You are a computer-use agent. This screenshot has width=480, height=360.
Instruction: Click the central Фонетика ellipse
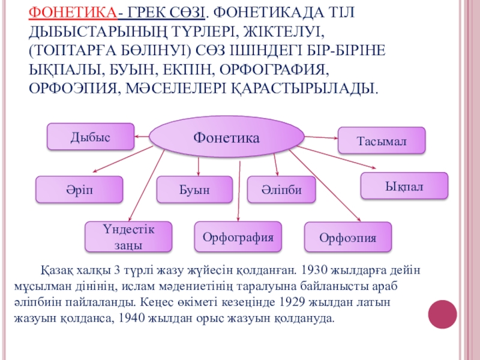(226, 137)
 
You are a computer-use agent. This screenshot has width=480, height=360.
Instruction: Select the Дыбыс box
(91, 136)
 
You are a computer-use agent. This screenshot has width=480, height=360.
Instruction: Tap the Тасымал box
(382, 140)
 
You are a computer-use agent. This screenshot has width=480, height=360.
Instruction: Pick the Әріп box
(79, 189)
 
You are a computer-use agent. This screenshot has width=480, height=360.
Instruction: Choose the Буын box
(194, 190)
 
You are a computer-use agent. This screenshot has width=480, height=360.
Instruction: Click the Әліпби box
(282, 190)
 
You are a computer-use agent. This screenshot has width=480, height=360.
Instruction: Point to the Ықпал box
(404, 186)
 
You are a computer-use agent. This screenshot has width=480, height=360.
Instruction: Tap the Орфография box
(238, 237)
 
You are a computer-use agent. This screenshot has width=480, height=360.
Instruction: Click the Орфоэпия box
(348, 238)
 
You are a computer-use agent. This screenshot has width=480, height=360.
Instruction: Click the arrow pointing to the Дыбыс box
(142, 137)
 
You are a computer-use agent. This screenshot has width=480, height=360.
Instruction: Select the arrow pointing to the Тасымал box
(320, 138)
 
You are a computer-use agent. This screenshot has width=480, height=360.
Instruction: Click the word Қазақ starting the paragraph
(55, 269)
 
